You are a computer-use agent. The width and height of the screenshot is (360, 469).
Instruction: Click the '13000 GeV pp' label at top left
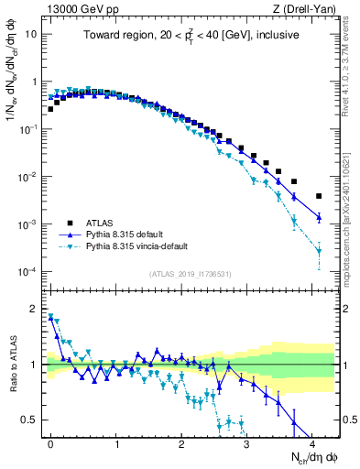tap(77, 8)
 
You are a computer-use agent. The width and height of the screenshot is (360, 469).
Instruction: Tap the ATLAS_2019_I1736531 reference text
tap(190, 275)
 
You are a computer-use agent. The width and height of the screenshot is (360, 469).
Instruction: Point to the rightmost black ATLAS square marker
tap(319, 196)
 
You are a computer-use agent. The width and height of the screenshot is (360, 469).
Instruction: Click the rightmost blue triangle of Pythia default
tap(319, 217)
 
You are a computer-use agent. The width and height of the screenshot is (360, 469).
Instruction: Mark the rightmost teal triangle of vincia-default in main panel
tap(319, 250)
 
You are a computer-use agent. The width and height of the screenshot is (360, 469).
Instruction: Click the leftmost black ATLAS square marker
tap(50, 109)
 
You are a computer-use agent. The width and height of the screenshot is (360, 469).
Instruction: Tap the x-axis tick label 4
tap(312, 442)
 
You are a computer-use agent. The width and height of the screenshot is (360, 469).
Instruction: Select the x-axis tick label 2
tap(181, 442)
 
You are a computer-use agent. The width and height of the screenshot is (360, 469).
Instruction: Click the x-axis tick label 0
tap(50, 442)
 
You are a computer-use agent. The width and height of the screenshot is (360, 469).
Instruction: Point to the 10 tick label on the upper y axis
tap(30, 34)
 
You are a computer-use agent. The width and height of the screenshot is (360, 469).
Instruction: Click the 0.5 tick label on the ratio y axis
tap(27, 420)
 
